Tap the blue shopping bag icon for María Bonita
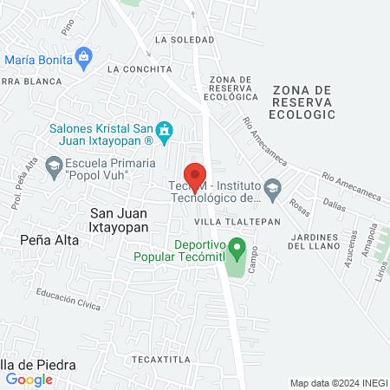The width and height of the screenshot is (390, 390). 84,60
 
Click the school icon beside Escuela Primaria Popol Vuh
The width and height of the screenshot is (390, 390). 53,164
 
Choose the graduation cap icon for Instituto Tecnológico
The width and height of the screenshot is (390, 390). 273,187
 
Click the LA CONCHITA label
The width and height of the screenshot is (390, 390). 136,68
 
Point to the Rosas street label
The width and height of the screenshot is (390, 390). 301,209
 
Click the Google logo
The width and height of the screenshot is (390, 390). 29,379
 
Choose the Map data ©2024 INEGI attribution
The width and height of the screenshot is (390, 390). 339,383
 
